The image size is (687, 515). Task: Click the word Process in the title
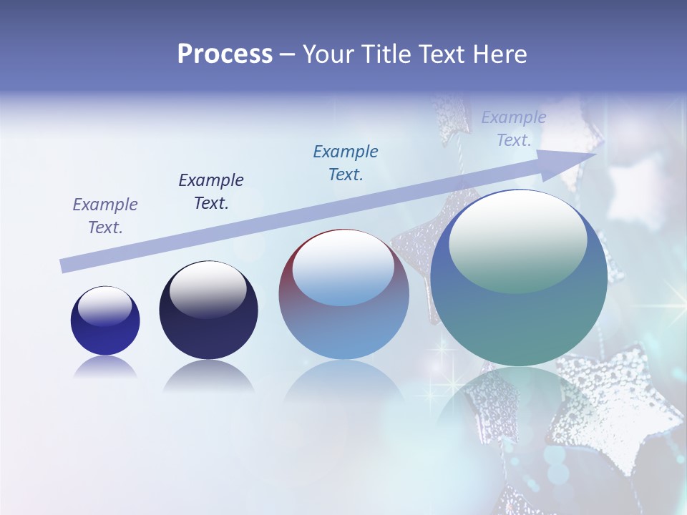point(225,54)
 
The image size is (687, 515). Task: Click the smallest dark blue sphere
point(105,321)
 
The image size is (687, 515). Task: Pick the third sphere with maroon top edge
point(343,295)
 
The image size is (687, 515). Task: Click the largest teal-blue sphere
point(519,279)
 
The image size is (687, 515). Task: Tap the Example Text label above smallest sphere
point(105,216)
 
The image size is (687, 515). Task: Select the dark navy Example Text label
point(211,191)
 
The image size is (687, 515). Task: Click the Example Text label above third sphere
point(346,162)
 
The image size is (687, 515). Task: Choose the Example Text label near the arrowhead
point(514,129)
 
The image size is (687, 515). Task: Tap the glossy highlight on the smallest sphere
point(104,307)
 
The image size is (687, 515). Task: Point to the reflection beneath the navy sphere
point(208,377)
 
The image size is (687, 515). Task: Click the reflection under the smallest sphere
point(105,368)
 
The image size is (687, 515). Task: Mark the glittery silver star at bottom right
point(619,408)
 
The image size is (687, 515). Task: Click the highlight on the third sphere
point(343,269)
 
